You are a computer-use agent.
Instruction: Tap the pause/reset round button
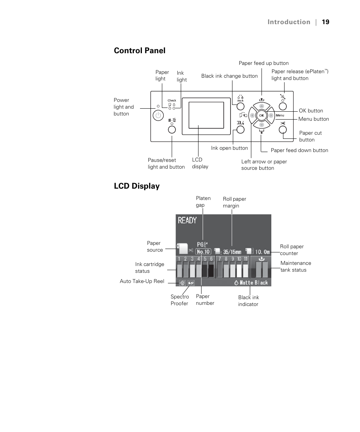(172, 129)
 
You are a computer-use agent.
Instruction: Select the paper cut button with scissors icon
(283, 129)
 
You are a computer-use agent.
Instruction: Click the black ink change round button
(240, 106)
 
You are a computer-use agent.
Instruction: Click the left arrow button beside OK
(252, 115)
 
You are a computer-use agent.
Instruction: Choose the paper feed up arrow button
(262, 106)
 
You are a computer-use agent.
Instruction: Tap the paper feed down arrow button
(262, 125)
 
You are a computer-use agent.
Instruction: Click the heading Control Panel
(140, 51)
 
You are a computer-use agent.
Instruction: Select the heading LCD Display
(137, 186)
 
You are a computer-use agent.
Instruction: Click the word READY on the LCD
(188, 220)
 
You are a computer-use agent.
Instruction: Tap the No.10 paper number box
(203, 252)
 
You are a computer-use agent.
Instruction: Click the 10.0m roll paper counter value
(263, 252)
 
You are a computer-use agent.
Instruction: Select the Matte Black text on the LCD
(254, 283)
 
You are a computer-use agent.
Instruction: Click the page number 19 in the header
(326, 22)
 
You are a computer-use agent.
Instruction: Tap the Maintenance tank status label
(296, 266)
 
